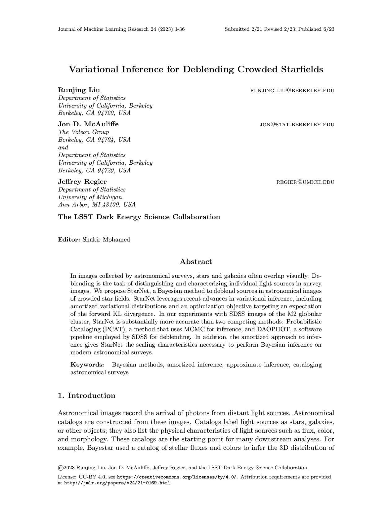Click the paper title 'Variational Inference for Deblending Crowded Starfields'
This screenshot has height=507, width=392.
(x=196, y=69)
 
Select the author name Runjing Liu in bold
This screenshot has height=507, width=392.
(x=79, y=90)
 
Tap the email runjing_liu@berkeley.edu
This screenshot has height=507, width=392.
(x=292, y=91)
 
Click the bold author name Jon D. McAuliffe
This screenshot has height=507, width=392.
(x=88, y=124)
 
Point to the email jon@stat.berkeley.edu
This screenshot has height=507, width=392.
(x=297, y=125)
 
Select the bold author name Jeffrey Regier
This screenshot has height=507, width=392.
(x=82, y=181)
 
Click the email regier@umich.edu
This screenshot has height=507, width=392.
(x=305, y=182)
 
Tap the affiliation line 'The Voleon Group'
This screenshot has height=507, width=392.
(x=84, y=132)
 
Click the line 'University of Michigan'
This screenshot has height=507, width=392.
(x=90, y=197)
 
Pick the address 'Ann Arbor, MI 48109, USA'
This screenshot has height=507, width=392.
(x=97, y=205)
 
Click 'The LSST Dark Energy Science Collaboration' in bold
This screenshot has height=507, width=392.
(x=139, y=217)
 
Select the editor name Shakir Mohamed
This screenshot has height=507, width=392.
(x=106, y=240)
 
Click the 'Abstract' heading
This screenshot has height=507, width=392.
(x=196, y=262)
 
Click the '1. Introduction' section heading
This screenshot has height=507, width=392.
(x=87, y=396)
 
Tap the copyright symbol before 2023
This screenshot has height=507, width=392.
(x=60, y=468)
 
